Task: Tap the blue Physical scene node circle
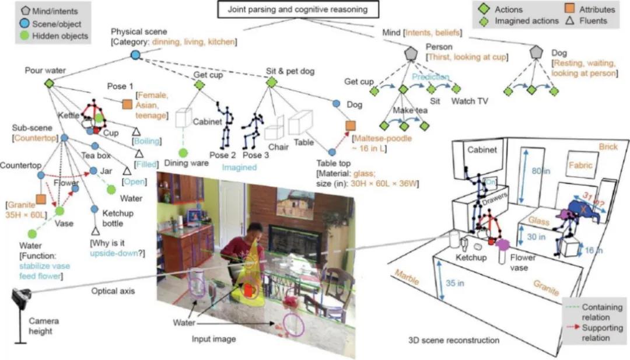click(x=135, y=55)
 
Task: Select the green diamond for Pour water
click(x=49, y=84)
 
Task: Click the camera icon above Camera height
click(x=21, y=299)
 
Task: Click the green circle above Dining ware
click(x=183, y=153)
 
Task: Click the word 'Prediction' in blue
click(x=430, y=76)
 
